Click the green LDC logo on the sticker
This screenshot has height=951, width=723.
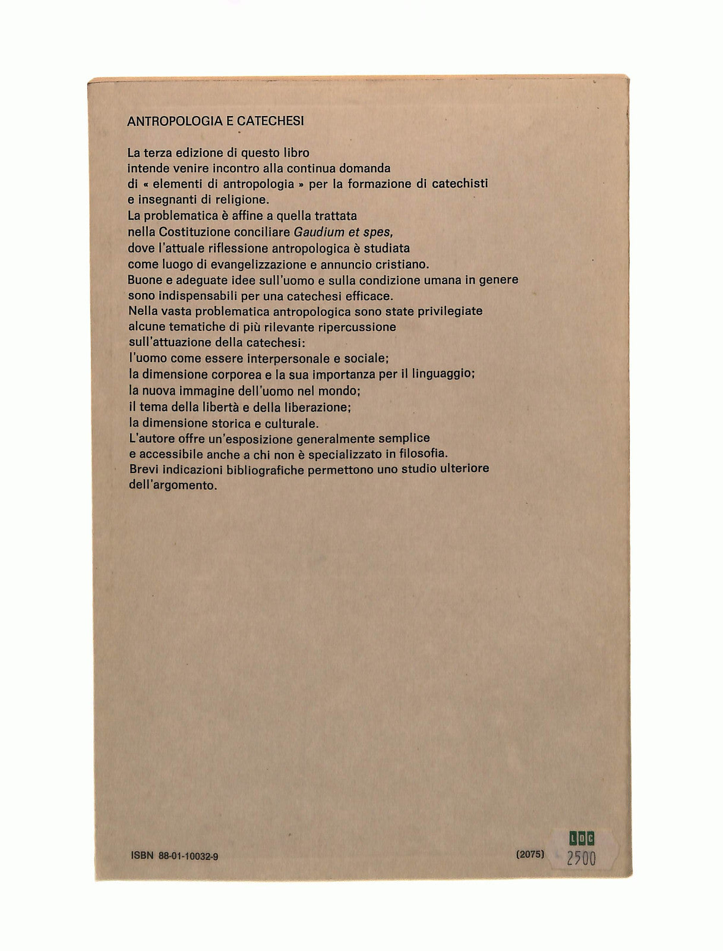[x=582, y=839]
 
